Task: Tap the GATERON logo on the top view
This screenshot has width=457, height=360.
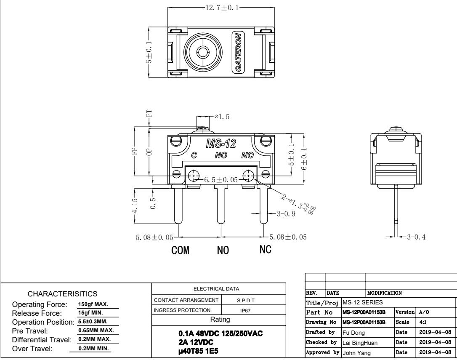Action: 238,52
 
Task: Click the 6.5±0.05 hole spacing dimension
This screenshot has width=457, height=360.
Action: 221,179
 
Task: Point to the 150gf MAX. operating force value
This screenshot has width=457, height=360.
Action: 94,304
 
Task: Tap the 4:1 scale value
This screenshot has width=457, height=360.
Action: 421,322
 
